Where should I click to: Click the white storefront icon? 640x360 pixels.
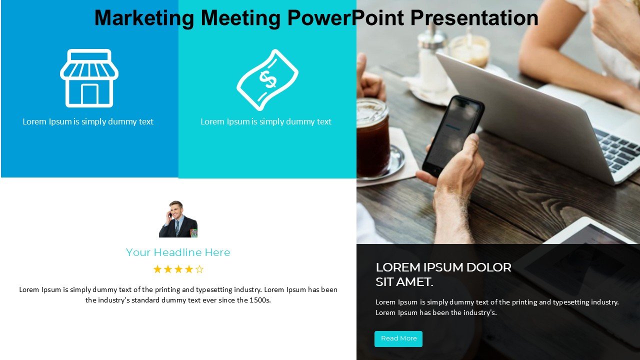[x=89, y=78]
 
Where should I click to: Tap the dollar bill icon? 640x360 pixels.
[x=267, y=79]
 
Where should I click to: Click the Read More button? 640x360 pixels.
[x=398, y=339]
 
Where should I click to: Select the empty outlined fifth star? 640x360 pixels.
[x=199, y=269]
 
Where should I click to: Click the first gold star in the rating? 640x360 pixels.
[x=157, y=269]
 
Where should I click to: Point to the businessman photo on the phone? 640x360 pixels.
[x=178, y=219]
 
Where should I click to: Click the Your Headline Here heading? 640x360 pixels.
[x=178, y=252]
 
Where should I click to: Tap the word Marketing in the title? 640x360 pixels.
[x=144, y=18]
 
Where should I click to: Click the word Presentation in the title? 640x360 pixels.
[x=474, y=17]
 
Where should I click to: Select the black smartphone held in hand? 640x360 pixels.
[x=453, y=135]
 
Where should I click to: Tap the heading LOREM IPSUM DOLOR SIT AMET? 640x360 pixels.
[x=443, y=274]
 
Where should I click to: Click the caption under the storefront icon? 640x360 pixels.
[x=88, y=121]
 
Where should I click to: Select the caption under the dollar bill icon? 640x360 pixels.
[x=266, y=121]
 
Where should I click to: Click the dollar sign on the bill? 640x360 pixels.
[x=267, y=79]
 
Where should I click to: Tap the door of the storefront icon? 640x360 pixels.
[x=89, y=94]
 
